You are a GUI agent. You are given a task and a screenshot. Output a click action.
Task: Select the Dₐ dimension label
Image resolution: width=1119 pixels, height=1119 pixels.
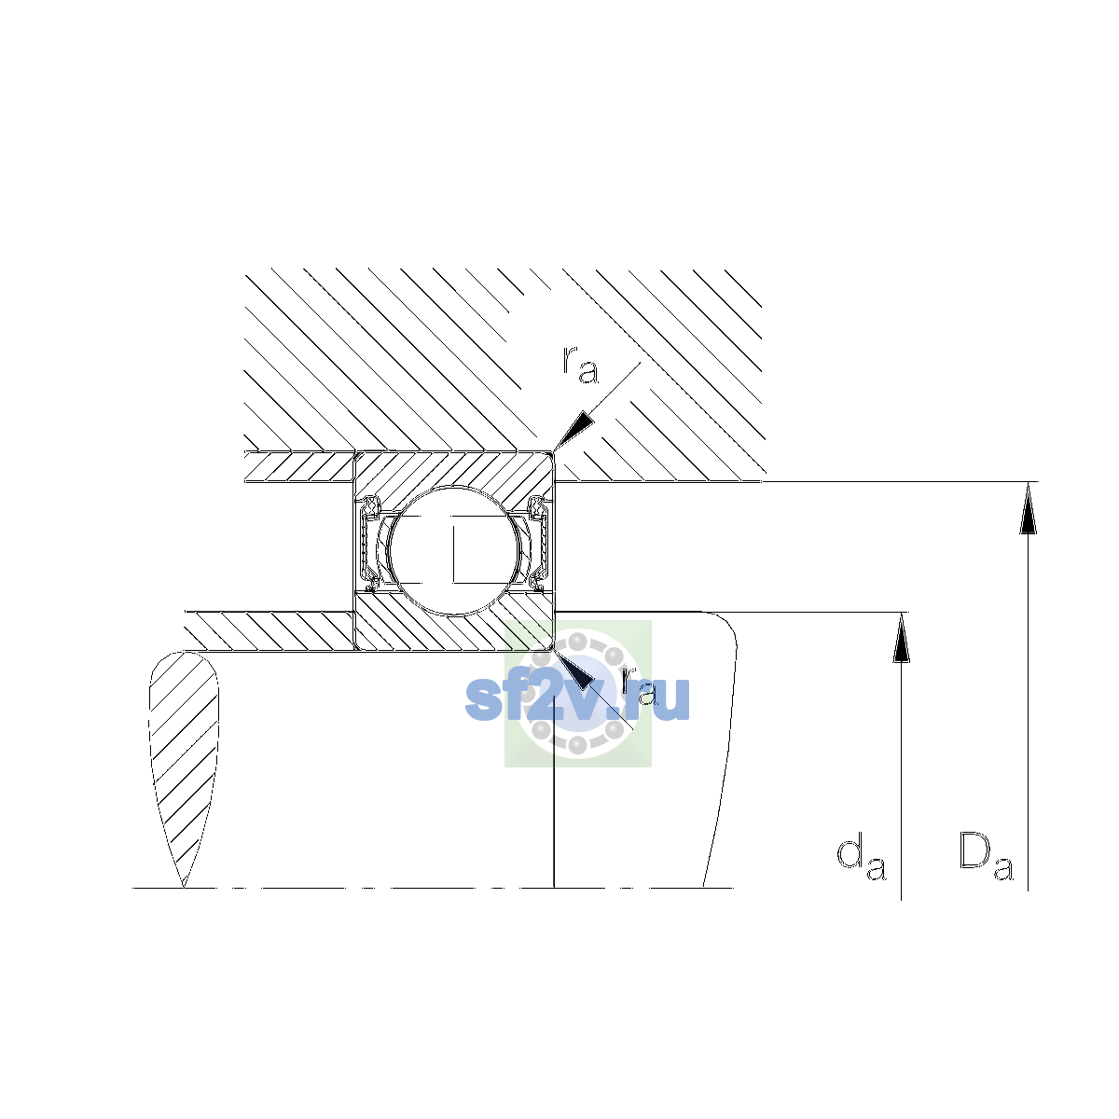coord(986,858)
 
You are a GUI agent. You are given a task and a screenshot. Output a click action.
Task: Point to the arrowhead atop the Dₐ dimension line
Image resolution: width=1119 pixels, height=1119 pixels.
coord(1028,507)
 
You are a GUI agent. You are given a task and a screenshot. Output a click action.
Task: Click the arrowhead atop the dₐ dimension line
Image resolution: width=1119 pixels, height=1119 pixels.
coord(901,638)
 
